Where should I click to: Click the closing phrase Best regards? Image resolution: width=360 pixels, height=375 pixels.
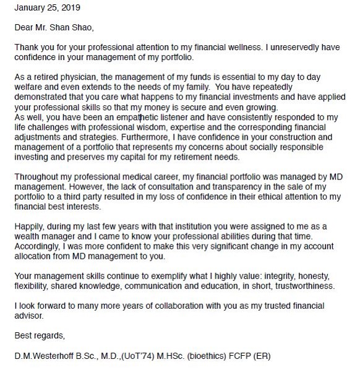[x=39, y=335]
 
